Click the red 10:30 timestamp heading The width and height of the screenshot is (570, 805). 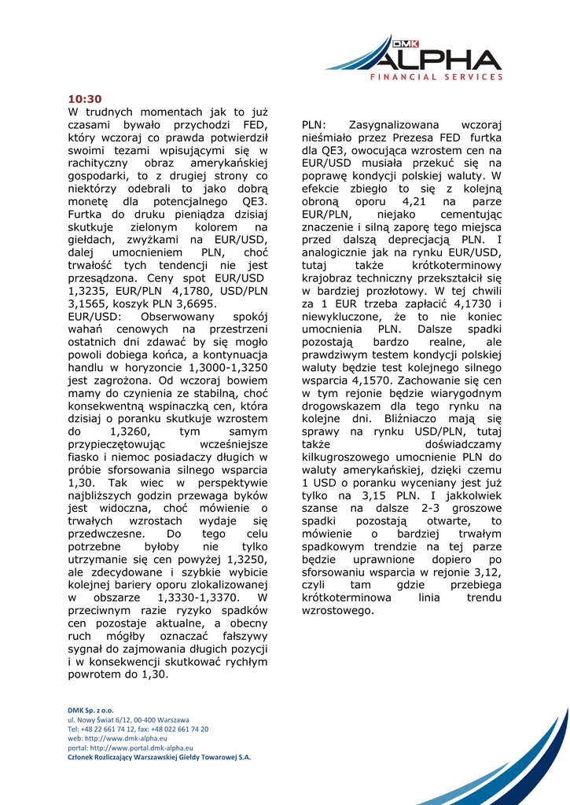point(85,99)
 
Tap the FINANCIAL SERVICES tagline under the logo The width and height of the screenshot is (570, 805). point(436,77)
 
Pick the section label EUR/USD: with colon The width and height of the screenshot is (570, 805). point(95,316)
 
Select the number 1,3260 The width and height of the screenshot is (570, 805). point(129,432)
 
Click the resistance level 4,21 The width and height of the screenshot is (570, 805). point(418,201)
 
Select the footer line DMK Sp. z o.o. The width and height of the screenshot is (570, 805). point(90,710)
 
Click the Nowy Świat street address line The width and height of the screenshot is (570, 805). point(128,719)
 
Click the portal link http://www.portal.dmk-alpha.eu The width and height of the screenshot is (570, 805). point(131,748)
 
